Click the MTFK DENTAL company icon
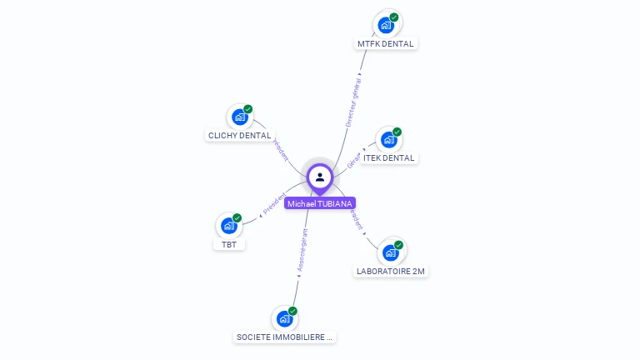386,24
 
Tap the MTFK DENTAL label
385,43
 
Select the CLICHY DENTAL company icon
240,117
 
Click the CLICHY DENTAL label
239,135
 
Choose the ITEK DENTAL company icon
388,139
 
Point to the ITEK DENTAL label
388,157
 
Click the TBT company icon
228,226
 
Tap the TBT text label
228,244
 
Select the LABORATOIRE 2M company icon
390,252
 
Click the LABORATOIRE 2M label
391,271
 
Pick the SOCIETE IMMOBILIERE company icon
284,318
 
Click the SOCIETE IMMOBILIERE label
285,337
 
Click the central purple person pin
320,177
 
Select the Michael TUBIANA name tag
320,203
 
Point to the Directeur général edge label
354,101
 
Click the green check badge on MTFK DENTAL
394,17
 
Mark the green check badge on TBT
237,217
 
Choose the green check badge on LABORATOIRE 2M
399,245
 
